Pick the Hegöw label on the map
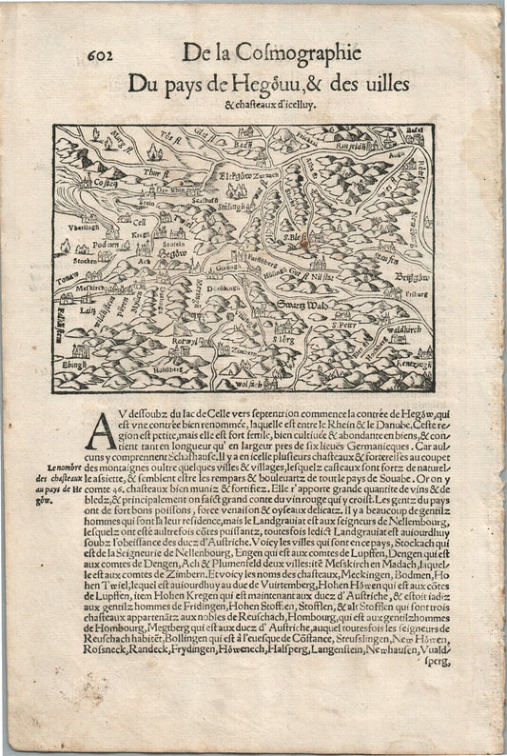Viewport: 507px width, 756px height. coord(173,253)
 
